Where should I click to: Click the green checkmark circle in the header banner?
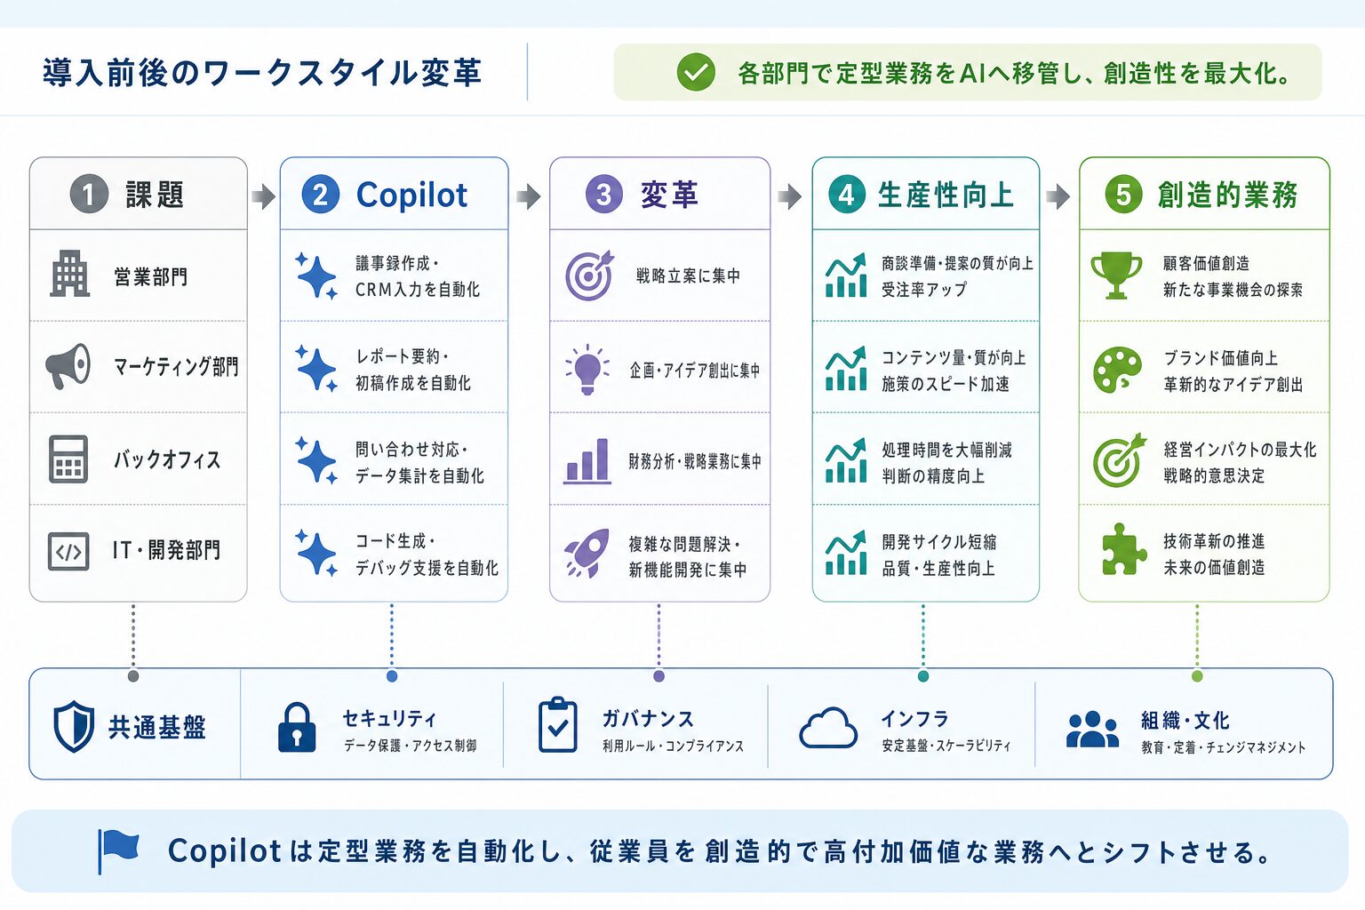(695, 72)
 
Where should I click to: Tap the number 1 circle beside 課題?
(89, 194)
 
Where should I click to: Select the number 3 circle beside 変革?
(604, 194)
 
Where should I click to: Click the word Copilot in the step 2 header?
(412, 195)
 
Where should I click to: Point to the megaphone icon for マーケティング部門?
(68, 366)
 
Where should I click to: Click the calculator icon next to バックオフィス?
(68, 459)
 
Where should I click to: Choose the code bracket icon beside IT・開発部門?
(68, 552)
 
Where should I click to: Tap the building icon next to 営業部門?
(69, 274)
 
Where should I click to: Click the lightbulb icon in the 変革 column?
(587, 370)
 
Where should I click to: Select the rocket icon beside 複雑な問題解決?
(587, 553)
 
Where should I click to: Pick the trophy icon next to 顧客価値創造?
(1116, 275)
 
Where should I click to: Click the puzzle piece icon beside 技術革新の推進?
(1120, 549)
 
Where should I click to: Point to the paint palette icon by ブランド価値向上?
(1118, 370)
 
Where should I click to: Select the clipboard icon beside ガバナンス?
(557, 724)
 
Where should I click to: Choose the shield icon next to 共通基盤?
(74, 727)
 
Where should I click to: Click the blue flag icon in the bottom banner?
(119, 850)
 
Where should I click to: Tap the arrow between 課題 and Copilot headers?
(263, 196)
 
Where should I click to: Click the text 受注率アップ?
(924, 290)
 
